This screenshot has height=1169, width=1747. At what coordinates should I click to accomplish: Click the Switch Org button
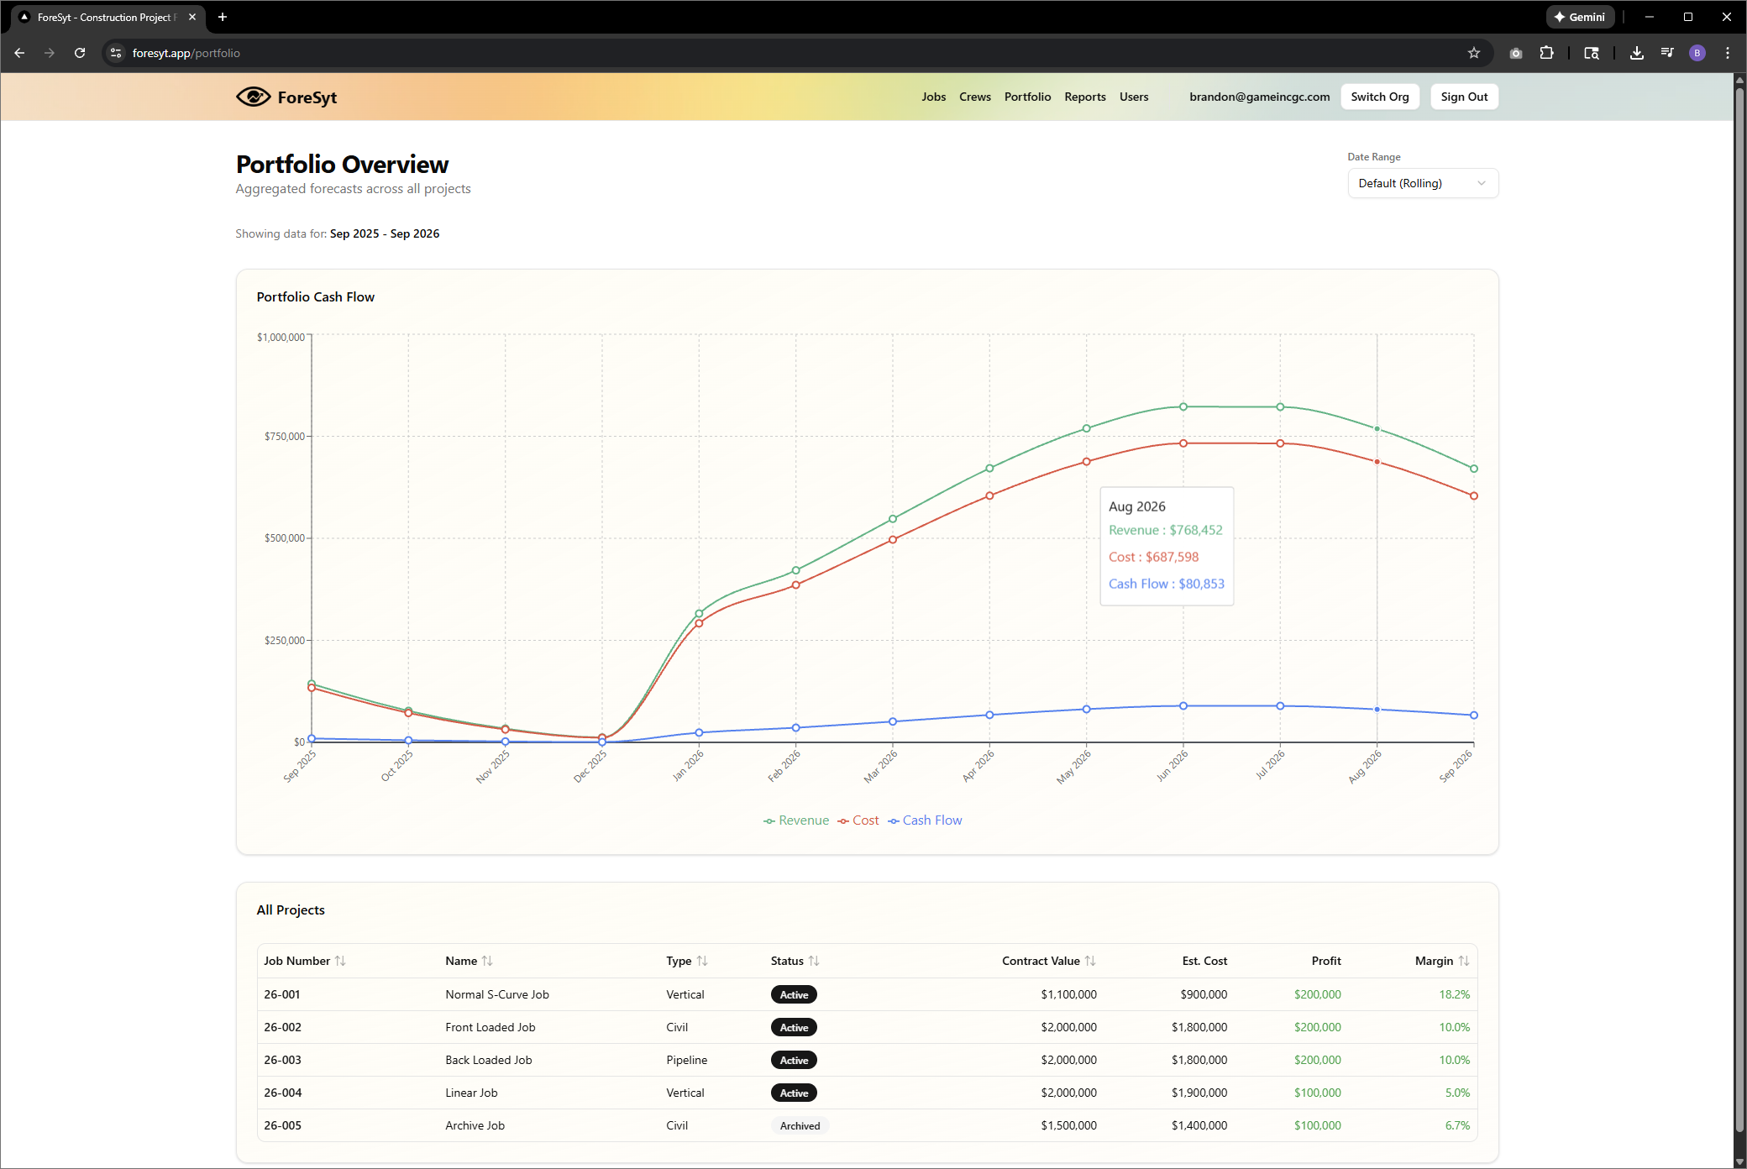coord(1379,97)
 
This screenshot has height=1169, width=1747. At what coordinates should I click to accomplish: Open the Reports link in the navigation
coord(1084,97)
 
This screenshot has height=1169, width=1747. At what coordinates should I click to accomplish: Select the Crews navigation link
coord(974,97)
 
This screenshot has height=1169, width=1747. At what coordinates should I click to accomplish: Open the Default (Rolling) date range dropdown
coord(1422,183)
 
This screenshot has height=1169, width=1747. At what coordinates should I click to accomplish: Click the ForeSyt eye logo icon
coord(253,97)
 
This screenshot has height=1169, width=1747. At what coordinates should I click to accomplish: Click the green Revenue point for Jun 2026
coord(1183,406)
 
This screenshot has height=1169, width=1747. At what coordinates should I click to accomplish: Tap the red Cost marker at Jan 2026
coord(699,623)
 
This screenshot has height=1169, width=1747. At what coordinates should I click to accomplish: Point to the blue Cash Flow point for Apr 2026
coord(989,715)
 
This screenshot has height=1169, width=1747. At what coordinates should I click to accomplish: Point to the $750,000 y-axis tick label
coord(284,436)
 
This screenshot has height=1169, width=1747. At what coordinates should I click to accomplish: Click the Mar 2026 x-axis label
coord(880,766)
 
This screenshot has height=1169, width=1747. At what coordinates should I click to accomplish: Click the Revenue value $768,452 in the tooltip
coord(1195,530)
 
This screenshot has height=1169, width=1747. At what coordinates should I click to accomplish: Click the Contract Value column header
coord(1041,961)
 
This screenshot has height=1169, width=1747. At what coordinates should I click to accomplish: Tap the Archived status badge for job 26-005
coord(800,1125)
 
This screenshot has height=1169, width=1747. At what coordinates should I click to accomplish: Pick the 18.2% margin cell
coord(1454,994)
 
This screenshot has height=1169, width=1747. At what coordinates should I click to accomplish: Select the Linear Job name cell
coord(471,1093)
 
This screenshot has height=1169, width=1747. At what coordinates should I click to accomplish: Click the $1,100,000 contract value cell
coord(1068,994)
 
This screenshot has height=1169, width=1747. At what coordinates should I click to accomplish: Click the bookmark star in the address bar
coord(1473,53)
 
